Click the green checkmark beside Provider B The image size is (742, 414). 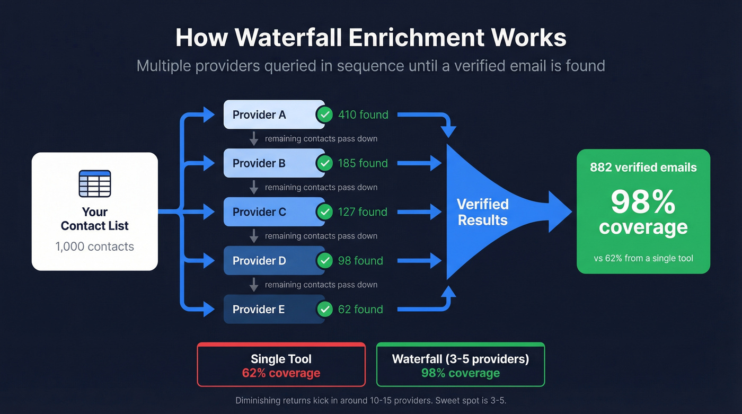coord(324,163)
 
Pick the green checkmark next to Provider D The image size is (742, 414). coord(324,261)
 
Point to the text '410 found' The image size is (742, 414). coord(363,114)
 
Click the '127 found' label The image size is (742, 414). coord(363,212)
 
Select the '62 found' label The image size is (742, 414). coord(360,310)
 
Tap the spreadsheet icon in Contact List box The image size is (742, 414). coord(95,184)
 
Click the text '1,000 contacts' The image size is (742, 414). coord(95,246)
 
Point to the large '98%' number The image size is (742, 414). coord(643,202)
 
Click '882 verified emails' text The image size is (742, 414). coord(643,168)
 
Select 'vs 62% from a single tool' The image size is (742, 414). coord(643,259)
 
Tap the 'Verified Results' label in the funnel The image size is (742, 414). coord(482,212)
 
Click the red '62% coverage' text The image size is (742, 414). coord(281,373)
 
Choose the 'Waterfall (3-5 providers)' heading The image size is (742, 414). coord(460,359)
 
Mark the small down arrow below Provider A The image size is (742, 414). coord(254,139)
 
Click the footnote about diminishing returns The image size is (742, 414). coord(371,401)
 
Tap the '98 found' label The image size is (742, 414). coord(360,261)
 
